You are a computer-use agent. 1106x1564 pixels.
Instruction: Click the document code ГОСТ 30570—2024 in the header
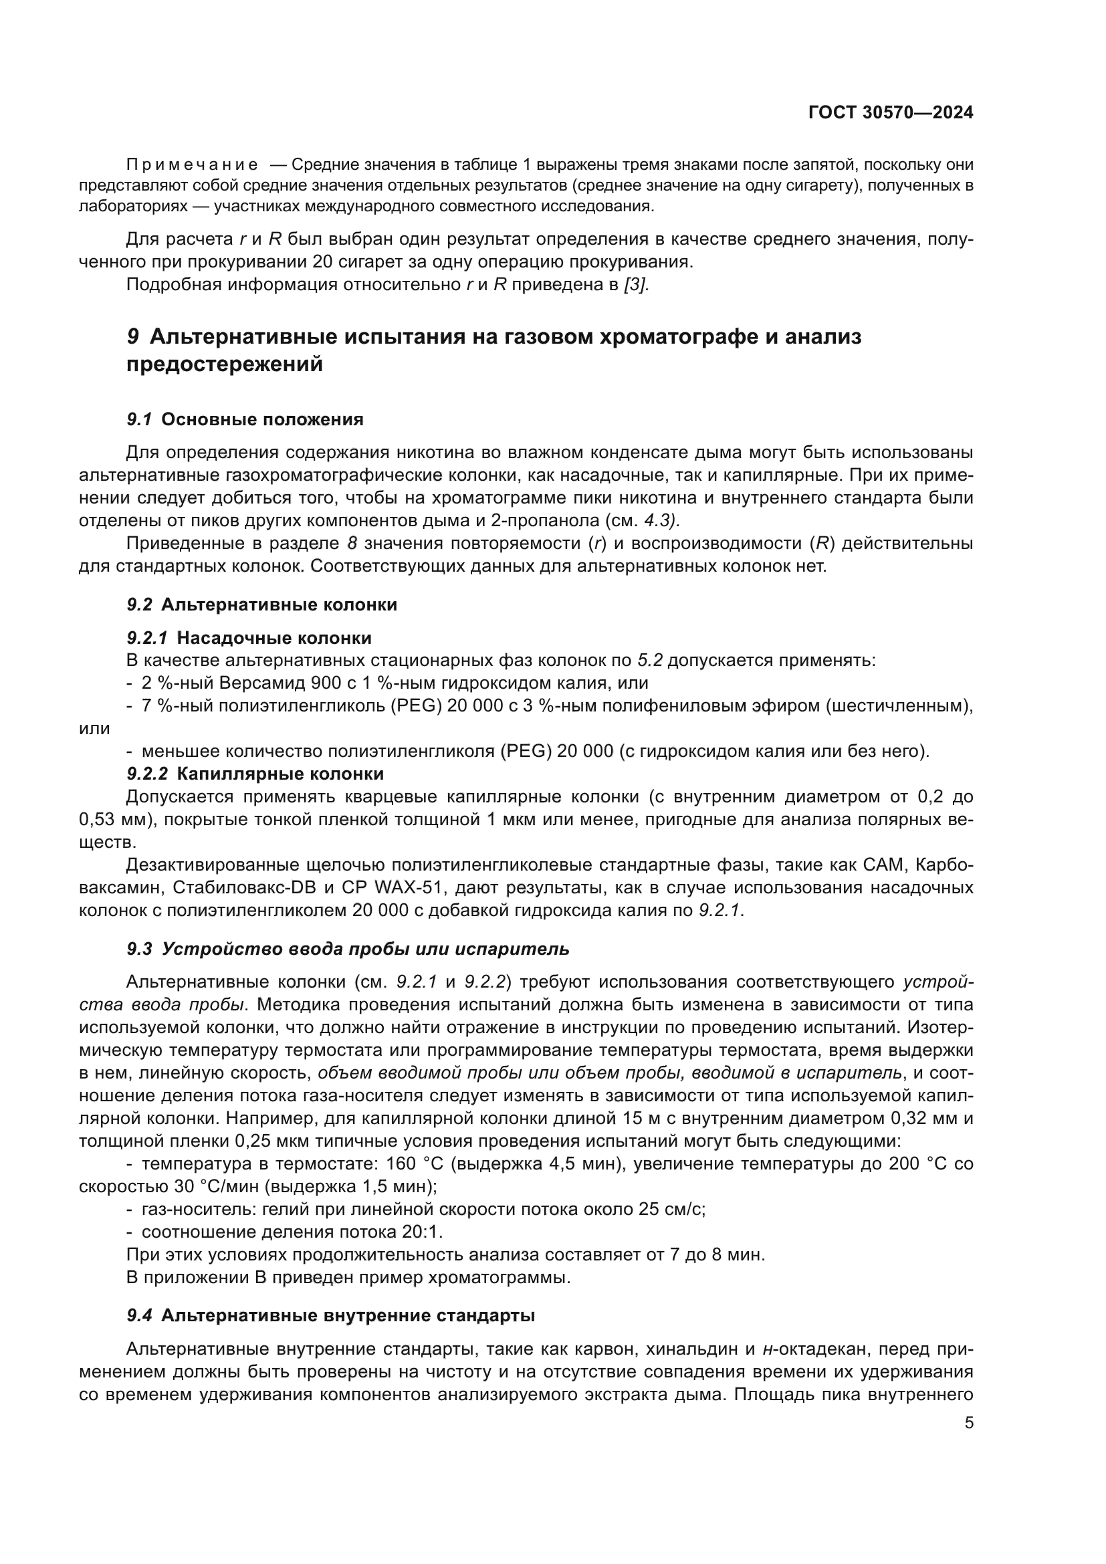tap(890, 113)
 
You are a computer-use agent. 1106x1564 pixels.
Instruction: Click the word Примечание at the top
tap(192, 165)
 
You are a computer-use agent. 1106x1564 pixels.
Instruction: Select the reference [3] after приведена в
tap(636, 285)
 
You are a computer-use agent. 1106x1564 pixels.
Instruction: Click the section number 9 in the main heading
tap(134, 336)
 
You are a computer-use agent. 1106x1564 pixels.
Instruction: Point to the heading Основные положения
tap(262, 420)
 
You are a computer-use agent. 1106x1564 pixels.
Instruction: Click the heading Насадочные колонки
tap(273, 639)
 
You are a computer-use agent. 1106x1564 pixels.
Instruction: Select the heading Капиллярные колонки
tap(280, 774)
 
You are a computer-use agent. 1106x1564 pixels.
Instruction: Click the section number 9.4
tap(139, 1315)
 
